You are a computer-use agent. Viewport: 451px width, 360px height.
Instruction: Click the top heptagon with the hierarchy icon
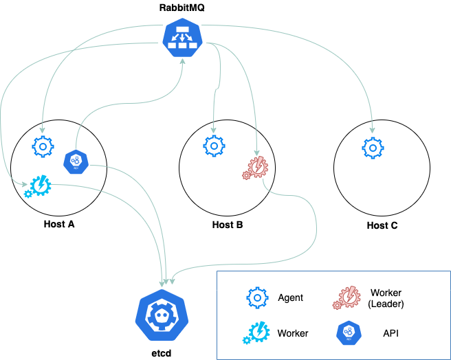click(x=183, y=37)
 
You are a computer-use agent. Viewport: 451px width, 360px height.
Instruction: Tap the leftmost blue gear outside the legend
click(x=43, y=146)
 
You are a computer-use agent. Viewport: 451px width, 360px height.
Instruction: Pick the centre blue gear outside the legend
click(x=214, y=146)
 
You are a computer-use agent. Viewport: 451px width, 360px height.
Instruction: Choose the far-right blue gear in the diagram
click(x=373, y=148)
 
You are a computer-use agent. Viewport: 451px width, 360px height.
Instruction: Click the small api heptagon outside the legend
click(x=76, y=162)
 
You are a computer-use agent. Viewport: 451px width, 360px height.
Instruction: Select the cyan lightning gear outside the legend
click(x=38, y=186)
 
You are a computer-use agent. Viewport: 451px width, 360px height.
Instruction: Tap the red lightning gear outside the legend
click(x=256, y=167)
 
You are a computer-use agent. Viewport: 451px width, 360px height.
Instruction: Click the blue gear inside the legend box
click(x=257, y=297)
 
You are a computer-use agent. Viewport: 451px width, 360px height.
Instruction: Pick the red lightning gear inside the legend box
click(x=347, y=297)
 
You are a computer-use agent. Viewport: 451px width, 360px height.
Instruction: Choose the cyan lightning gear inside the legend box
click(x=257, y=333)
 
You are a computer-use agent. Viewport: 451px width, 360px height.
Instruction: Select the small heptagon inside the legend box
click(x=349, y=333)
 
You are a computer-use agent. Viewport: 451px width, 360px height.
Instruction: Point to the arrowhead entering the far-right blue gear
click(x=373, y=131)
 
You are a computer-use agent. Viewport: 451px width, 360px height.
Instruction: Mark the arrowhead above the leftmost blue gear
click(x=42, y=130)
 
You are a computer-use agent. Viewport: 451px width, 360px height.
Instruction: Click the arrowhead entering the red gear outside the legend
click(x=257, y=153)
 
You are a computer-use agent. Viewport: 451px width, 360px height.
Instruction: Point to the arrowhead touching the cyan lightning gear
click(x=25, y=183)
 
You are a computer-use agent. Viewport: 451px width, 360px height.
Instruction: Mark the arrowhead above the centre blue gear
click(x=213, y=130)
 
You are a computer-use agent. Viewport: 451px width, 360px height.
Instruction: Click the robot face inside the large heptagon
click(x=162, y=317)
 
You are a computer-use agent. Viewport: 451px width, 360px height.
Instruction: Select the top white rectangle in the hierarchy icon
click(x=183, y=28)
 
